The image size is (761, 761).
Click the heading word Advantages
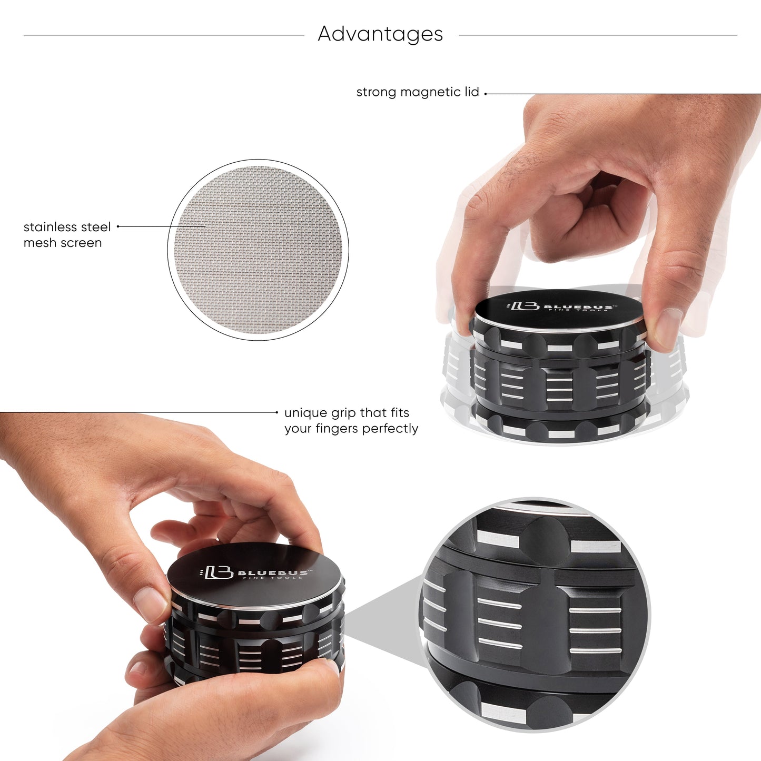pos(380,34)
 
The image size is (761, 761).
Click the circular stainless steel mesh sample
pos(258,249)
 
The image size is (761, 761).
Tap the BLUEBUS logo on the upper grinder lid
pos(561,307)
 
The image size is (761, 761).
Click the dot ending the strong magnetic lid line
pos(486,94)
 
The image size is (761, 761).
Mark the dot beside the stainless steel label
pos(118,226)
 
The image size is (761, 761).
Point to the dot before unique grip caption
pos(277,412)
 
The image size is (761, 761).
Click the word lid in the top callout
pos(471,92)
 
